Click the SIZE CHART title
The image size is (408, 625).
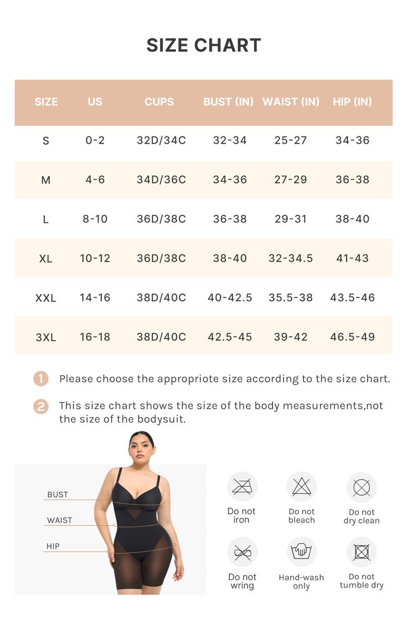[x=203, y=45]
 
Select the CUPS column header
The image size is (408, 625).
[x=159, y=102]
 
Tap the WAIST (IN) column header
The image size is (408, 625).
[x=291, y=102]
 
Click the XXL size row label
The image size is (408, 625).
[x=46, y=298]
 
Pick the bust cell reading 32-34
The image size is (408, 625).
[x=230, y=140]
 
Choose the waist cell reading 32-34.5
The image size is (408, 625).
[x=291, y=258]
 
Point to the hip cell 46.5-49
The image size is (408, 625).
[x=352, y=337]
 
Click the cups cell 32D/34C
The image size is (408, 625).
[x=161, y=140]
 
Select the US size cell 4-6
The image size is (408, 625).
[x=95, y=180]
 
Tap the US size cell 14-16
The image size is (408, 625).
[x=95, y=298]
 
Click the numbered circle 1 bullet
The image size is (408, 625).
[x=41, y=378]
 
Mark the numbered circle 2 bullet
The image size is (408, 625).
[x=41, y=407]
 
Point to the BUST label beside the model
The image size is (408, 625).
[x=58, y=494]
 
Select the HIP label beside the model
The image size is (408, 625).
[x=53, y=546]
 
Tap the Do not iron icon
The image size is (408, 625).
[x=242, y=487]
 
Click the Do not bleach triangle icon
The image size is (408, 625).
[x=302, y=487]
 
